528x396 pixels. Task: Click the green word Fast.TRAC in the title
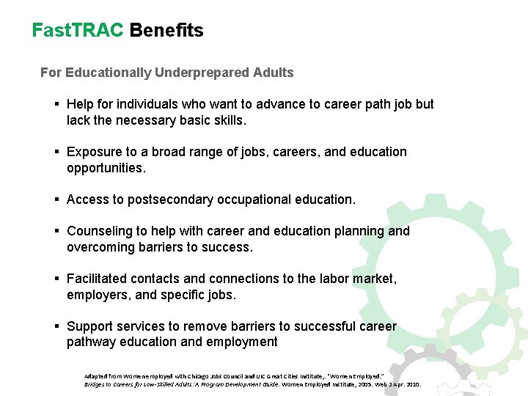(78, 30)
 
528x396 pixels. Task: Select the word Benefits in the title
(166, 30)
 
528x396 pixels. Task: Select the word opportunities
(106, 168)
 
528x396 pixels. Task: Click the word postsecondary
(166, 199)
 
